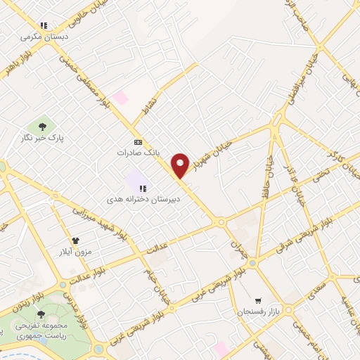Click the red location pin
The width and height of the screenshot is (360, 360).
tap(181, 165)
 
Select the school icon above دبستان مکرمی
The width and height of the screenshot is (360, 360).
tap(44, 26)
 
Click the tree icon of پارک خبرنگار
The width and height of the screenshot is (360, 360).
tap(43, 127)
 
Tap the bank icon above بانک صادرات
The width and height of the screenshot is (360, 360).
tap(137, 141)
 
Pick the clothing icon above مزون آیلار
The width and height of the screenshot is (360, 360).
tap(75, 240)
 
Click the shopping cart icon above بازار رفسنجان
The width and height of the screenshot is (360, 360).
tap(258, 300)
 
